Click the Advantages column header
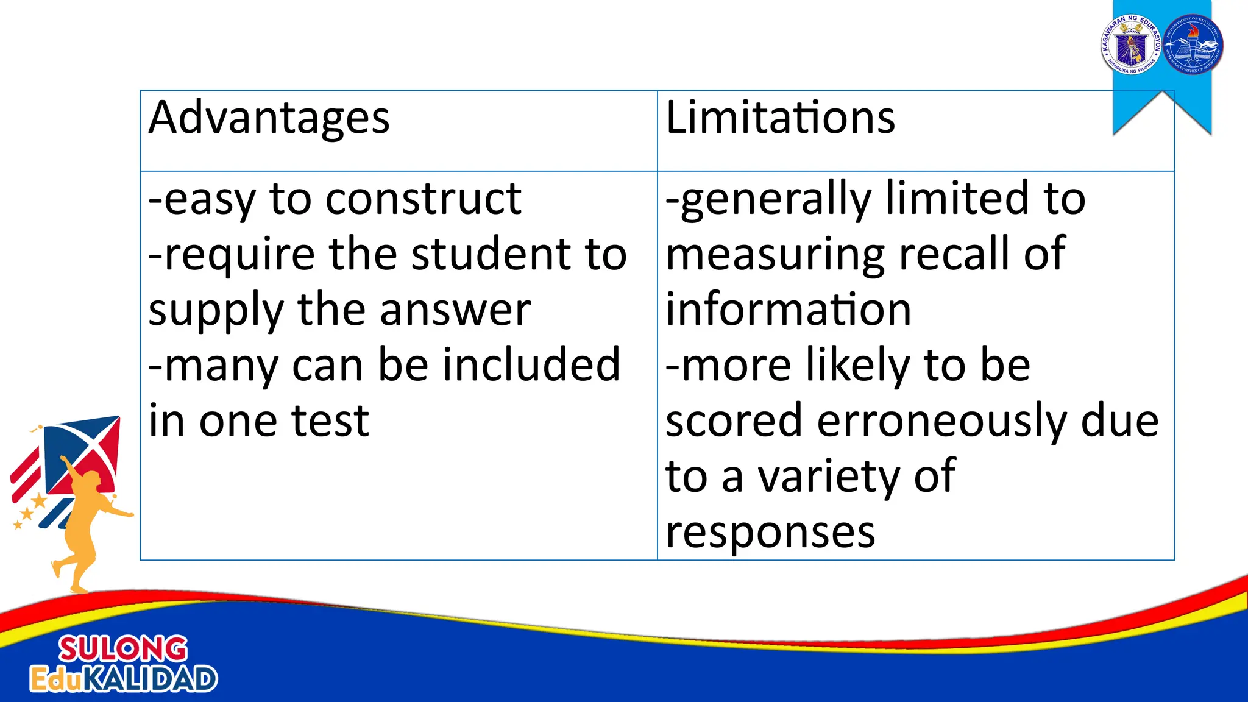(x=269, y=118)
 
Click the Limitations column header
(x=780, y=118)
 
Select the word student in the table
(x=491, y=254)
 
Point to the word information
(x=788, y=310)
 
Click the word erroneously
(x=942, y=422)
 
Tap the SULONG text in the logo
(x=123, y=648)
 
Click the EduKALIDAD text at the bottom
(x=124, y=679)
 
